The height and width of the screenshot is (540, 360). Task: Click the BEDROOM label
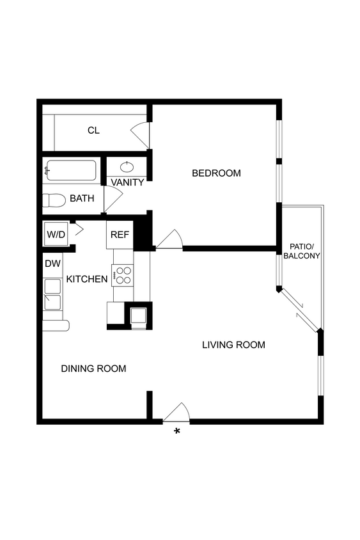point(216,173)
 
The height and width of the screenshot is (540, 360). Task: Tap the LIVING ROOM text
point(233,345)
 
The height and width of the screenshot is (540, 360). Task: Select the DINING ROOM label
point(93,369)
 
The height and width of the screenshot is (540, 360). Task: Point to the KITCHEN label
point(87,279)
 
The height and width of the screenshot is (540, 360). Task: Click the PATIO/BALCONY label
point(304,251)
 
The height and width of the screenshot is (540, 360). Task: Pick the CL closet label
point(93,131)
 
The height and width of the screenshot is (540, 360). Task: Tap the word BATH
point(82,198)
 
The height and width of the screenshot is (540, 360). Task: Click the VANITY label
point(127,182)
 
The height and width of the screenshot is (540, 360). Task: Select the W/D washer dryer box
point(56,235)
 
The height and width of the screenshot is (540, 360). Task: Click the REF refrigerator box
point(120,235)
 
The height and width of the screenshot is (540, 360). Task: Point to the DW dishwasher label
point(52,263)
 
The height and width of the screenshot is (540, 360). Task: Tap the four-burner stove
point(122,275)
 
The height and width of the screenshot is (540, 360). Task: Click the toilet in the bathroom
point(54,201)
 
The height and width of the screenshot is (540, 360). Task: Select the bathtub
point(70,171)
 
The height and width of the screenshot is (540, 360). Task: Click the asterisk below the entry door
point(177,432)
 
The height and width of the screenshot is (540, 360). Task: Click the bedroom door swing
point(170,239)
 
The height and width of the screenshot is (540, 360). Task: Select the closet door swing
point(141,133)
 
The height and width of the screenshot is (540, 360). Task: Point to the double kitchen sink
point(52,294)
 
